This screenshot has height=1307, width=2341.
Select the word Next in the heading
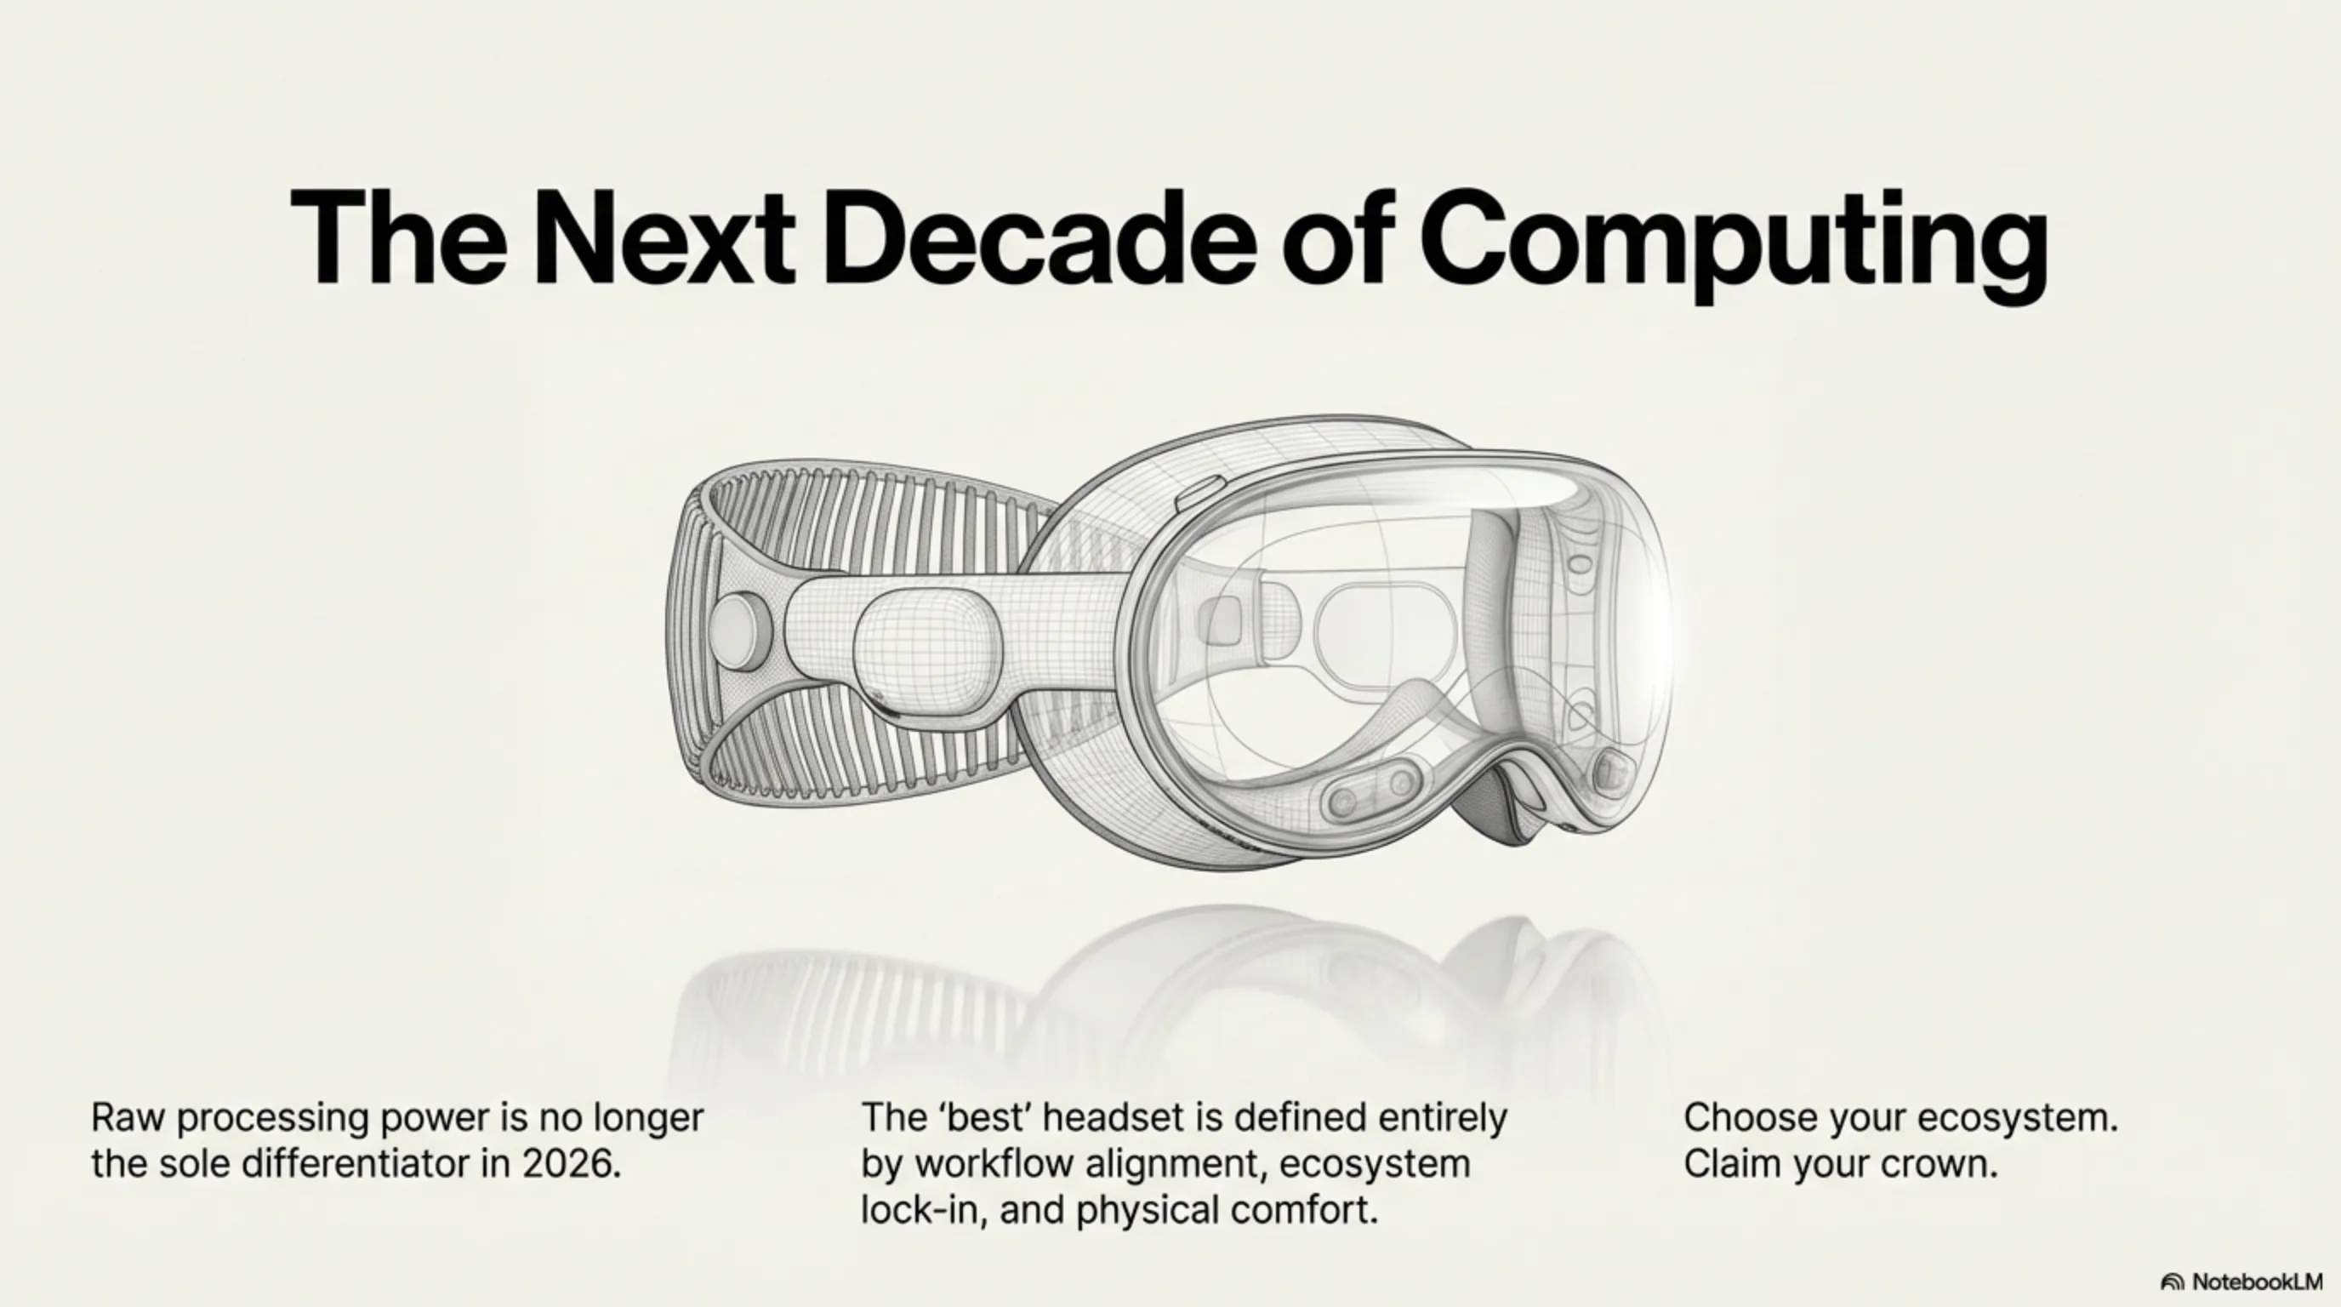pyautogui.click(x=662, y=238)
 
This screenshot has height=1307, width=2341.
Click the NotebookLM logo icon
pyautogui.click(x=2172, y=1282)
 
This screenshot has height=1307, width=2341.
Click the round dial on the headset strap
pyautogui.click(x=739, y=629)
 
